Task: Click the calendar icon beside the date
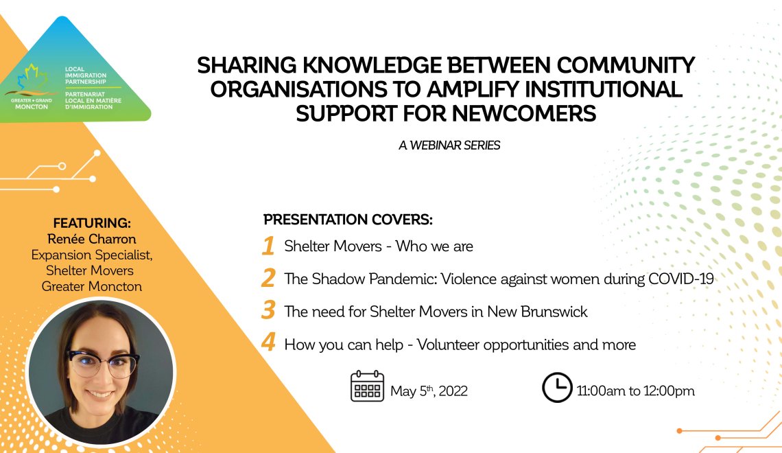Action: tap(368, 386)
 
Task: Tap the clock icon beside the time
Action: tap(557, 387)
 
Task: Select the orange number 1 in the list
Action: tap(269, 246)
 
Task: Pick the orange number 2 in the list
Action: tap(268, 278)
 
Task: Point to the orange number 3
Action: tap(268, 310)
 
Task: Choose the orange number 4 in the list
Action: tap(268, 342)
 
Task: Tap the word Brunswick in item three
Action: tap(554, 312)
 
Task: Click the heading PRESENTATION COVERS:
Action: tap(348, 220)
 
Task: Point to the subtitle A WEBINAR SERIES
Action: tap(449, 146)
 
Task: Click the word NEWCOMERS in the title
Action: tap(524, 113)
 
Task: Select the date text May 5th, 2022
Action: tap(429, 391)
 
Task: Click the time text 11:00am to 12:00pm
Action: tap(635, 391)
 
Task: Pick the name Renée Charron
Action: tap(92, 239)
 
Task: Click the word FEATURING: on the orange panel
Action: tap(92, 223)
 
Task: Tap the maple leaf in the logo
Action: tap(32, 78)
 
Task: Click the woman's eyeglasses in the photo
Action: tap(103, 363)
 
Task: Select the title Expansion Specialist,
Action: tap(92, 255)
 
